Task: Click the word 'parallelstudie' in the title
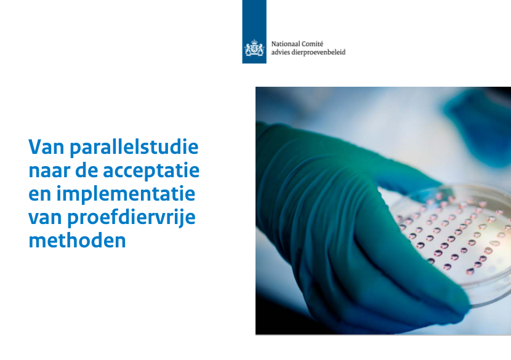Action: pos(134,147)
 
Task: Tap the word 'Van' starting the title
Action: pos(46,147)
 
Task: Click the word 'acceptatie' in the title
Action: pos(151,170)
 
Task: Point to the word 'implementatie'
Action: pos(126,194)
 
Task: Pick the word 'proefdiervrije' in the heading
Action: pos(131,217)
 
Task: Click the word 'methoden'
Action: pos(77,241)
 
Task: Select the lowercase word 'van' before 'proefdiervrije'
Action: pos(46,218)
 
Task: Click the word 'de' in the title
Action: pos(87,170)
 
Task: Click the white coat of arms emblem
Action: pos(254,48)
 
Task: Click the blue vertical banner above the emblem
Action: pos(254,31)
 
